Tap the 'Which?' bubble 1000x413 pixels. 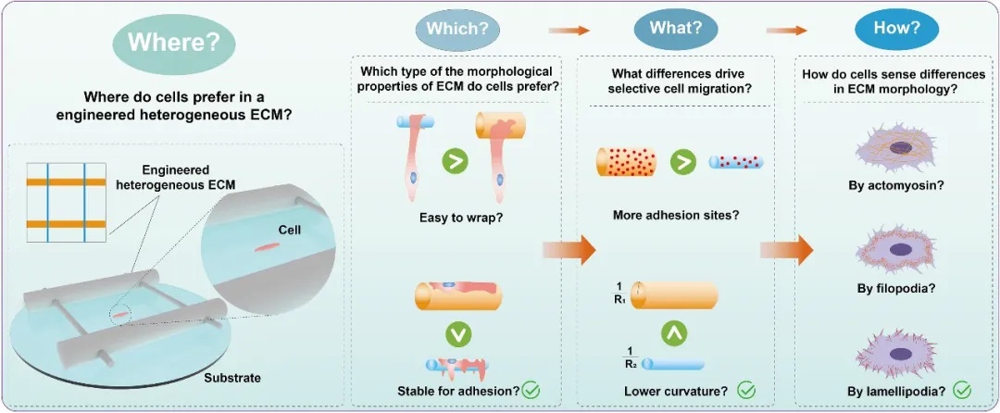(456, 28)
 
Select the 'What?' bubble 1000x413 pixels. (670, 28)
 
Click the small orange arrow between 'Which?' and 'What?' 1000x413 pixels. (569, 30)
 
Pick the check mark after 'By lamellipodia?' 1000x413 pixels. (962, 390)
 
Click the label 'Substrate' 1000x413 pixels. (232, 378)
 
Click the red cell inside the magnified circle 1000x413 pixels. (267, 247)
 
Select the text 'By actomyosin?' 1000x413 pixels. (890, 185)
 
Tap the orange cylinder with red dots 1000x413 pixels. (626, 161)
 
